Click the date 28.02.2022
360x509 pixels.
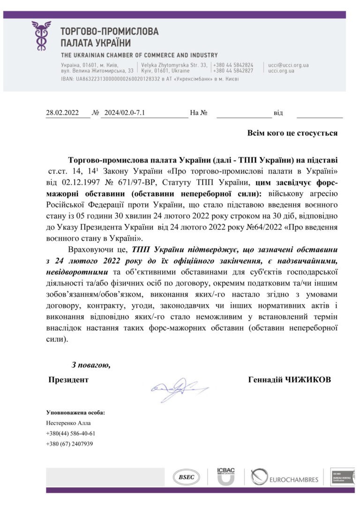[x=62, y=113]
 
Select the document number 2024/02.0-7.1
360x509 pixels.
[x=125, y=113]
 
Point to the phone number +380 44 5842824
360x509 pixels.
[x=233, y=65]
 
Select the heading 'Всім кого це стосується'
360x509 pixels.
[x=292, y=133]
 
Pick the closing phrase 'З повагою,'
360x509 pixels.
[x=91, y=364]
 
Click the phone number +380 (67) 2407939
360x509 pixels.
[x=69, y=443]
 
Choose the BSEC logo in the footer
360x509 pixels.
[x=186, y=477]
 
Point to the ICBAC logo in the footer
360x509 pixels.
[x=225, y=476]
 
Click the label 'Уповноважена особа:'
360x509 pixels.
[x=75, y=412]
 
